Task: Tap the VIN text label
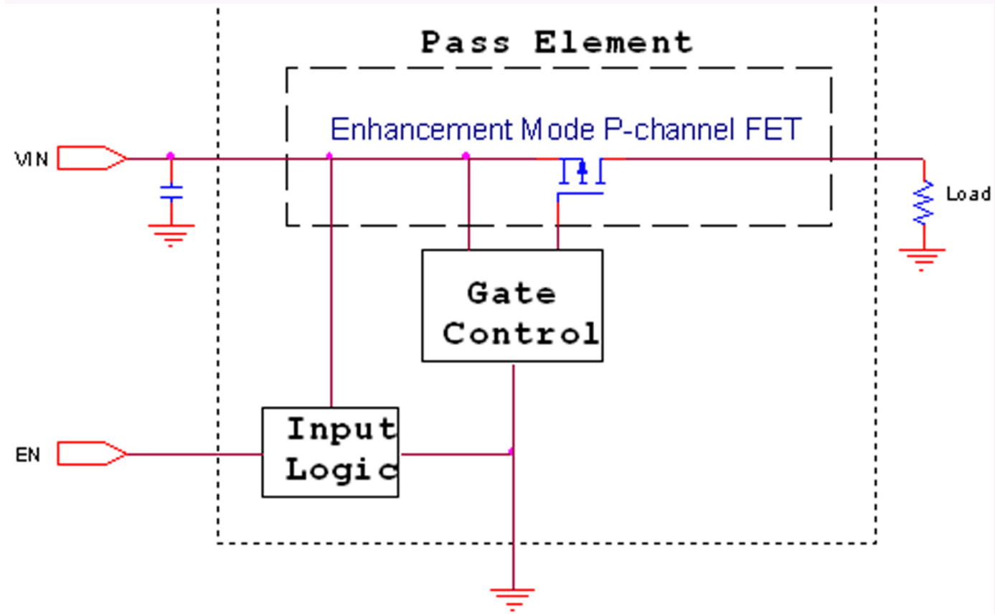32,160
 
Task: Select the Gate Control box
512,306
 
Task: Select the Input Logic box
330,452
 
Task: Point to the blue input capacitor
171,192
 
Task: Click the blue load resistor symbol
923,202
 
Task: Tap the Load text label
968,194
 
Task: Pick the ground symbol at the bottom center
512,597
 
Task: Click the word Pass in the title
465,42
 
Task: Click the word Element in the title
613,42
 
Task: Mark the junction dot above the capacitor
171,155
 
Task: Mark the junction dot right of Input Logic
511,452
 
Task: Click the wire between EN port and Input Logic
194,454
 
